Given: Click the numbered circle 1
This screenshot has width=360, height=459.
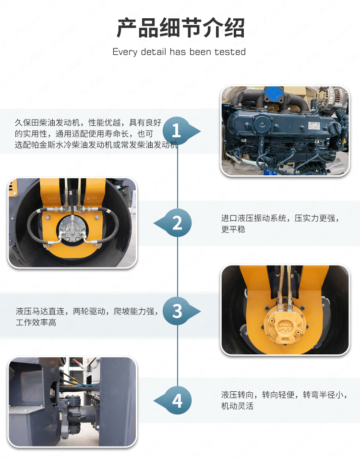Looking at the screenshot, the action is [x=177, y=131].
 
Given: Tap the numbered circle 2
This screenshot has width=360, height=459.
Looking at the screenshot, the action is [x=177, y=223].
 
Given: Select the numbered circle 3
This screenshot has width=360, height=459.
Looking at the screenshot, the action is [x=177, y=311].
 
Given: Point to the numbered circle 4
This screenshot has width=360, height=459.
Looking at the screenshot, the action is [x=177, y=400].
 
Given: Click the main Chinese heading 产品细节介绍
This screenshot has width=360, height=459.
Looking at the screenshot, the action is [x=180, y=28].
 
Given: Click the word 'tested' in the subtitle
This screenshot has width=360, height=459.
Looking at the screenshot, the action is [x=230, y=52].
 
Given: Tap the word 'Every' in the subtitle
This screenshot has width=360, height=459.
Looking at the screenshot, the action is [x=125, y=52].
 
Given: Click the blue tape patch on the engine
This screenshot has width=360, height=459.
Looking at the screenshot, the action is [x=274, y=94].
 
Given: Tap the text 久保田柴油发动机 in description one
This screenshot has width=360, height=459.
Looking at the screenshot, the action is [x=47, y=122].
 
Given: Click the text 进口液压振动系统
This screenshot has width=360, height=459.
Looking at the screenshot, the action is [x=253, y=218].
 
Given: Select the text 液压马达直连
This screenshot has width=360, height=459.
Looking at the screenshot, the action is [x=40, y=311].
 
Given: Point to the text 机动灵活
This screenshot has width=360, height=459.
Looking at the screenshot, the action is [x=238, y=406].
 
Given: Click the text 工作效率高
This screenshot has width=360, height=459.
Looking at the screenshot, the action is [x=36, y=323].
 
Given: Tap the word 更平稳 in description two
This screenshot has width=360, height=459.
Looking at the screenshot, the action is [x=233, y=229].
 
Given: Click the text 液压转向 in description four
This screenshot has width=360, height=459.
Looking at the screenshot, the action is [x=238, y=395].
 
